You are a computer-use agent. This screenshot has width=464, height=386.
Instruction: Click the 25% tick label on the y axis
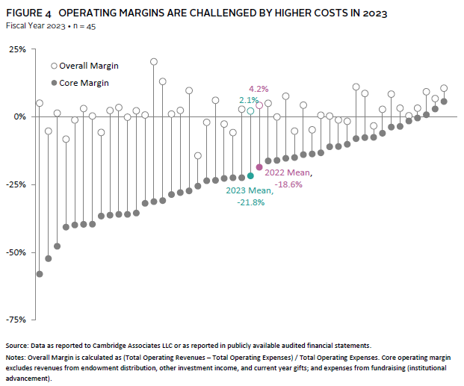[x=16, y=49]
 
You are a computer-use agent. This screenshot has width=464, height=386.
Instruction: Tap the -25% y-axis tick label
[x=15, y=184]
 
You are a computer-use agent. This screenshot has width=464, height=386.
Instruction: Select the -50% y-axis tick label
[x=15, y=252]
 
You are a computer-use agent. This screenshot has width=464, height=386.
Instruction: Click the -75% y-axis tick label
[x=15, y=320]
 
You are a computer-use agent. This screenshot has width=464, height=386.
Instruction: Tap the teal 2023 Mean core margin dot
[x=250, y=175]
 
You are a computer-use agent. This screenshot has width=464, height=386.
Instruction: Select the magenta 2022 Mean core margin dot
[x=259, y=167]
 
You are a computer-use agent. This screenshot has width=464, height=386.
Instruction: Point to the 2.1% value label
[x=249, y=99]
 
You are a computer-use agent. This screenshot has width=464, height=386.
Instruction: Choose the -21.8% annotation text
[x=250, y=202]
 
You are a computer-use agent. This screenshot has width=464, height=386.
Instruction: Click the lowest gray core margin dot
[x=40, y=274]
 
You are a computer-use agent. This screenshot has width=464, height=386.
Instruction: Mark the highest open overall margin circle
[x=154, y=62]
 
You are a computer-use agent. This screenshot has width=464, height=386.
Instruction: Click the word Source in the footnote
[x=17, y=346]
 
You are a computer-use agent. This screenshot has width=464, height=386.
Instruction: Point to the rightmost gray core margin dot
[x=444, y=102]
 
